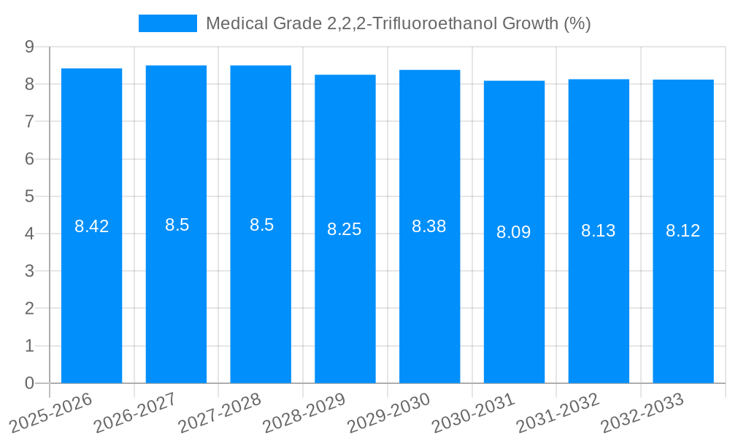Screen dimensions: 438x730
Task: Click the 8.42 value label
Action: (x=91, y=226)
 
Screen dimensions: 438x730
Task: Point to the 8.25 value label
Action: (x=345, y=229)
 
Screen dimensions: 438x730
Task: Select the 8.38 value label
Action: (x=429, y=226)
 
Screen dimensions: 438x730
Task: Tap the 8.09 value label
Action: (x=514, y=232)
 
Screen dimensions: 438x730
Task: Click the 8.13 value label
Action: (x=599, y=231)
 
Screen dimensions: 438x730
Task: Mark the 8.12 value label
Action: (x=683, y=231)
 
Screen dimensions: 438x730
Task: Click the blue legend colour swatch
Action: (x=168, y=23)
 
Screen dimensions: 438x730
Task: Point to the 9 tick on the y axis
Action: (x=29, y=47)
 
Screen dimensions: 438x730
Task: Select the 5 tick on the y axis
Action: (x=29, y=196)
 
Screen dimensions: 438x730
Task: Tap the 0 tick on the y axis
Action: (x=29, y=383)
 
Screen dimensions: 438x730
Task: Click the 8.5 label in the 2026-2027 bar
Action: (x=177, y=225)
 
